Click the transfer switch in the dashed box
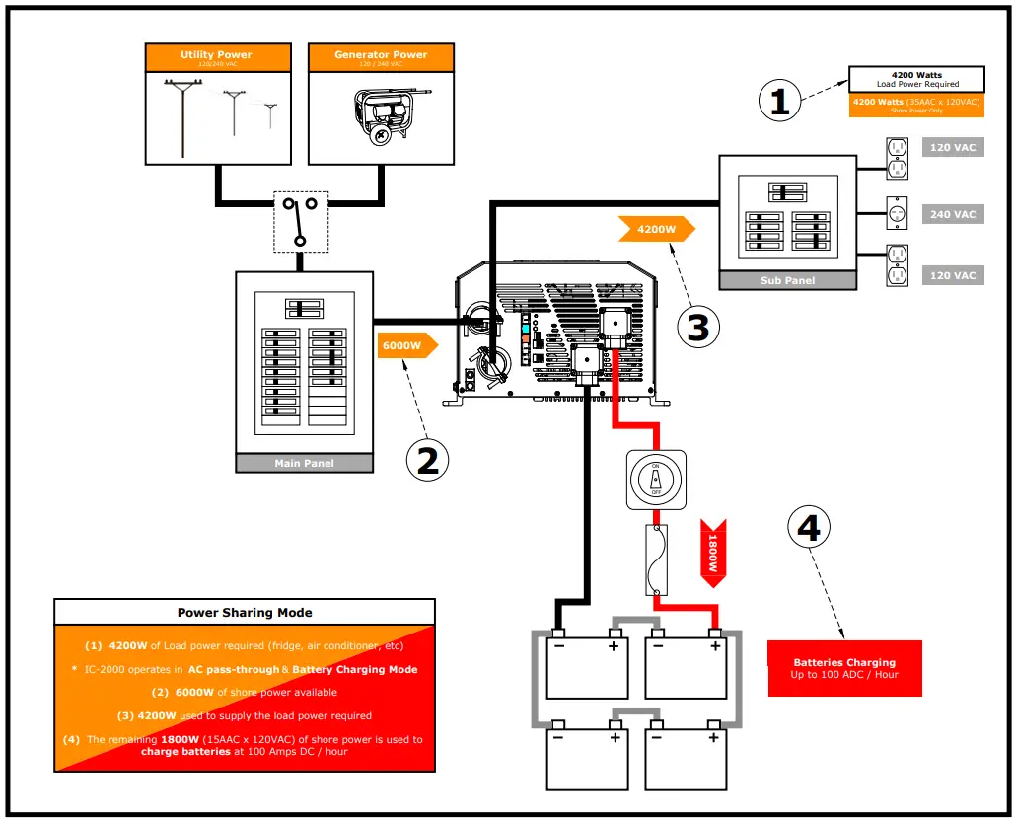pos(300,221)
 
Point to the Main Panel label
pos(304,463)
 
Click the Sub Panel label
pos(787,280)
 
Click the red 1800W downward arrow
pos(709,553)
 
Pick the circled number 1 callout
pos(779,101)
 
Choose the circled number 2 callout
pos(427,460)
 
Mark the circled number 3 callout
pos(697,327)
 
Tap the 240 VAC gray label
pos(953,214)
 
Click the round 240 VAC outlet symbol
pos(898,213)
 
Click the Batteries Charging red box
pos(844,668)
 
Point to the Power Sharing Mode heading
pos(245,612)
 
